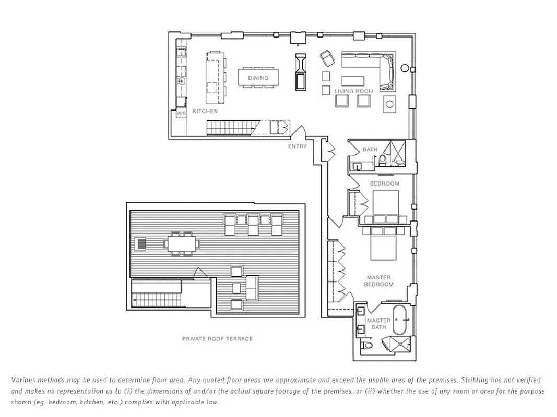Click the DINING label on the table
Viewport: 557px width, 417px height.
[258, 78]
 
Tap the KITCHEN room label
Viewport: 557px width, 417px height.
[205, 111]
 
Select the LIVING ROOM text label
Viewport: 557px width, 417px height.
[354, 91]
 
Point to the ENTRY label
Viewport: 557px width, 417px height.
[297, 146]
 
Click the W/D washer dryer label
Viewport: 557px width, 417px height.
[181, 113]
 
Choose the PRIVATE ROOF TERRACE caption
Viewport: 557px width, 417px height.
[217, 339]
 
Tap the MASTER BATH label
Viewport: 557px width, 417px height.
[378, 324]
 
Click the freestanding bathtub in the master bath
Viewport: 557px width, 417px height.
[401, 321]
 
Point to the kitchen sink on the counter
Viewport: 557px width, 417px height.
[183, 81]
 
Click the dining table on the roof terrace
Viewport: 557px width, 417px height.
[182, 243]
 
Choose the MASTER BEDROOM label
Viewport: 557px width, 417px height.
[379, 281]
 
